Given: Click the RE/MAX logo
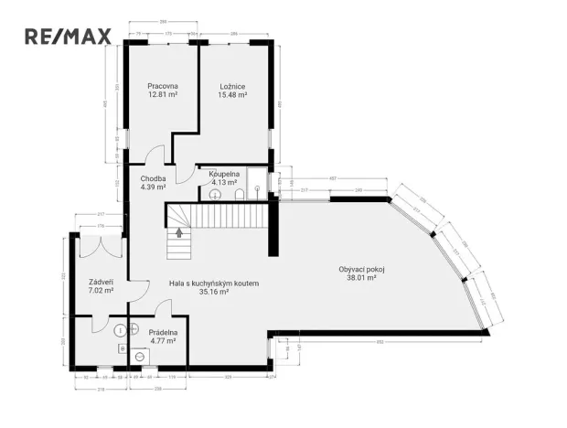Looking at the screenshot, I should point(68,37).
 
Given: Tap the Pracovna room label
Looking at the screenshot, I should point(162,86).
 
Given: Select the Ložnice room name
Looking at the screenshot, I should point(232,86).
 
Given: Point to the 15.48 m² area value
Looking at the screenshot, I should point(232,94).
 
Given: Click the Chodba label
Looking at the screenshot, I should point(153,178).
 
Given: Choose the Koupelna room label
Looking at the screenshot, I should point(224,173).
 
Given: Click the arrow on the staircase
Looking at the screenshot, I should point(179,232).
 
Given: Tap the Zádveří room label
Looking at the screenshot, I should point(101,282).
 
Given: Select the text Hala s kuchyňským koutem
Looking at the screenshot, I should point(214,284).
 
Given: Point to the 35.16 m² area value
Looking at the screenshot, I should point(214,293).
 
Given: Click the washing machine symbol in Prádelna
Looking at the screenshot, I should point(140,357).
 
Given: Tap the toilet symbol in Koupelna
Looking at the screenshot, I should point(237,194).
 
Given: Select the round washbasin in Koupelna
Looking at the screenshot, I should point(258,192).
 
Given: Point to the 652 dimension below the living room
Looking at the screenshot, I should point(378,341).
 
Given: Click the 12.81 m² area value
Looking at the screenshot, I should point(162,94).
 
